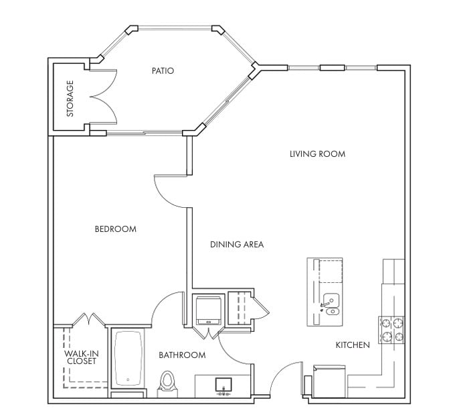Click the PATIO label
[163, 70]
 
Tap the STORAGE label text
[70, 99]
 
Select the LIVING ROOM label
[318, 154]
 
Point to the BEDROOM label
[115, 229]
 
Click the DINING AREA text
[237, 244]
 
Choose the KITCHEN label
[353, 345]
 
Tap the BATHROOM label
[182, 355]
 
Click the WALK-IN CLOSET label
[82, 357]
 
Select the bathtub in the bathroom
[128, 359]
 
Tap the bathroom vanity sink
[223, 385]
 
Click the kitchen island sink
[331, 304]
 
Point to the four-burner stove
[391, 330]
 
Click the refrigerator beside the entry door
[329, 381]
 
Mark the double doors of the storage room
[103, 97]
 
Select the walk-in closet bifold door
[89, 319]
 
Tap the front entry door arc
[285, 379]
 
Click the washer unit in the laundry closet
[209, 310]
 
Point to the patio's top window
[175, 28]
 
